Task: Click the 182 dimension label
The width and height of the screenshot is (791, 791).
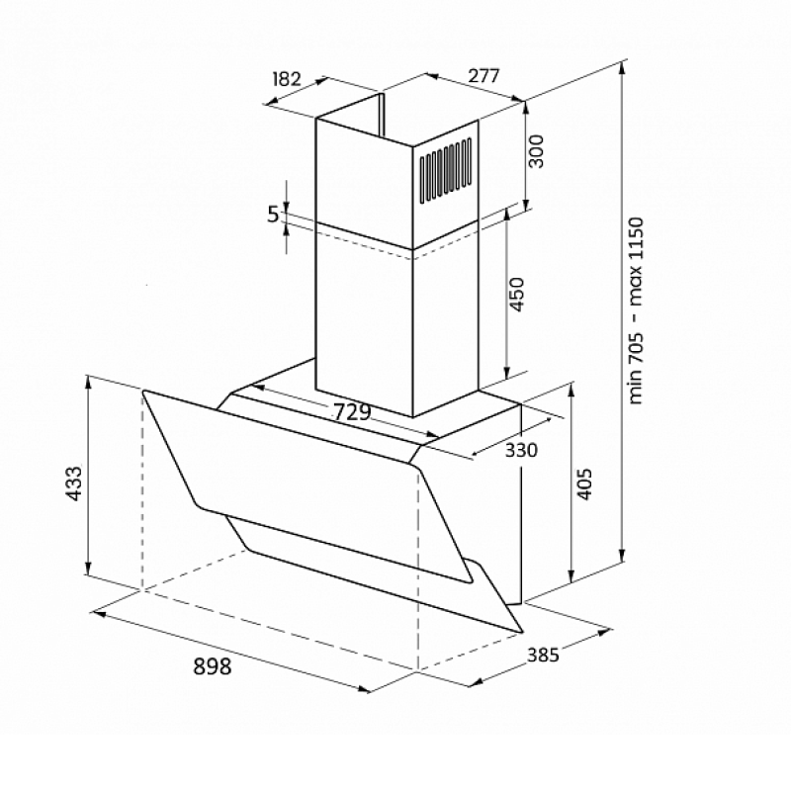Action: [287, 79]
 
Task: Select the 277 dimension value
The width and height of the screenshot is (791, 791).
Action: [483, 76]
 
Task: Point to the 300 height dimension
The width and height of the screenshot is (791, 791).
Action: [536, 151]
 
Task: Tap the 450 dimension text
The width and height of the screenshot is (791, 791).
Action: [517, 295]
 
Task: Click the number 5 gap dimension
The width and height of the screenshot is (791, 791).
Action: [273, 215]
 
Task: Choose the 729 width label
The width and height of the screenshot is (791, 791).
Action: [353, 412]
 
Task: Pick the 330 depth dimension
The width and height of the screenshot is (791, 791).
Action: [521, 450]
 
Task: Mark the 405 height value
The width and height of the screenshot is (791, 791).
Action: [584, 483]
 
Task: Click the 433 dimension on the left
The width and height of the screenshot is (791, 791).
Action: [74, 483]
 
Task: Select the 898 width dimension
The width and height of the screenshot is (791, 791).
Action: [213, 666]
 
